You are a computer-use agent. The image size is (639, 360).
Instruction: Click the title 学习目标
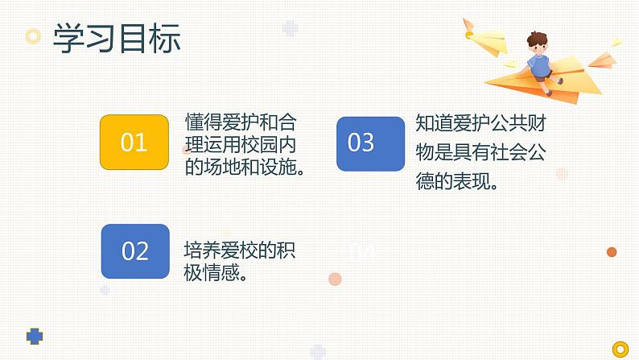tap(116, 38)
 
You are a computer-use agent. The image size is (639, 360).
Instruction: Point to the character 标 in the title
tap(165, 38)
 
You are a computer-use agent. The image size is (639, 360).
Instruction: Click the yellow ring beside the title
tap(33, 36)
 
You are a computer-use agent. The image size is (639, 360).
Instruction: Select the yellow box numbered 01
tap(134, 143)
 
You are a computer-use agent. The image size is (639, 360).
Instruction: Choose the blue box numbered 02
tap(135, 250)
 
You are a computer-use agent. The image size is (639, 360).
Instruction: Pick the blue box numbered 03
tap(369, 143)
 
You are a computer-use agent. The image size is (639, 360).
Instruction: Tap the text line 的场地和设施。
tap(244, 168)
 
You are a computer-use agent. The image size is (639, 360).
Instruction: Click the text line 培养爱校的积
tap(239, 250)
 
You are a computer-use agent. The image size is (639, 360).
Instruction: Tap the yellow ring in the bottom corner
tap(620, 348)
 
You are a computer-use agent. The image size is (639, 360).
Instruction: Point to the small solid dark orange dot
tap(612, 252)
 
